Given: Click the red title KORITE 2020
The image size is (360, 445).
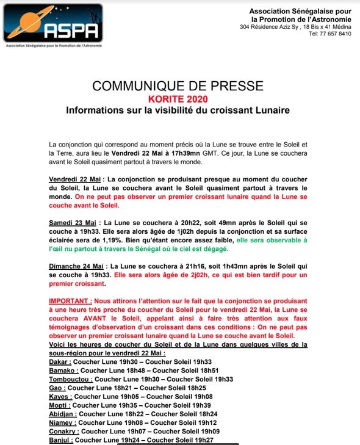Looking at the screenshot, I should (x=178, y=99).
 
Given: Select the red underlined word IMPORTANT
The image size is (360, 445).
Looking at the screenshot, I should (x=70, y=301).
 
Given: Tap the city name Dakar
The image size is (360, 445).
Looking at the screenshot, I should (x=60, y=361).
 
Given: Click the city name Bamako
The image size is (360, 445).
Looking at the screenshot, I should (x=63, y=370).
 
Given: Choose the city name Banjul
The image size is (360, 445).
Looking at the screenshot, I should (x=61, y=439).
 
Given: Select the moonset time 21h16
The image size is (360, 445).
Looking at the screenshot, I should (x=176, y=266).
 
